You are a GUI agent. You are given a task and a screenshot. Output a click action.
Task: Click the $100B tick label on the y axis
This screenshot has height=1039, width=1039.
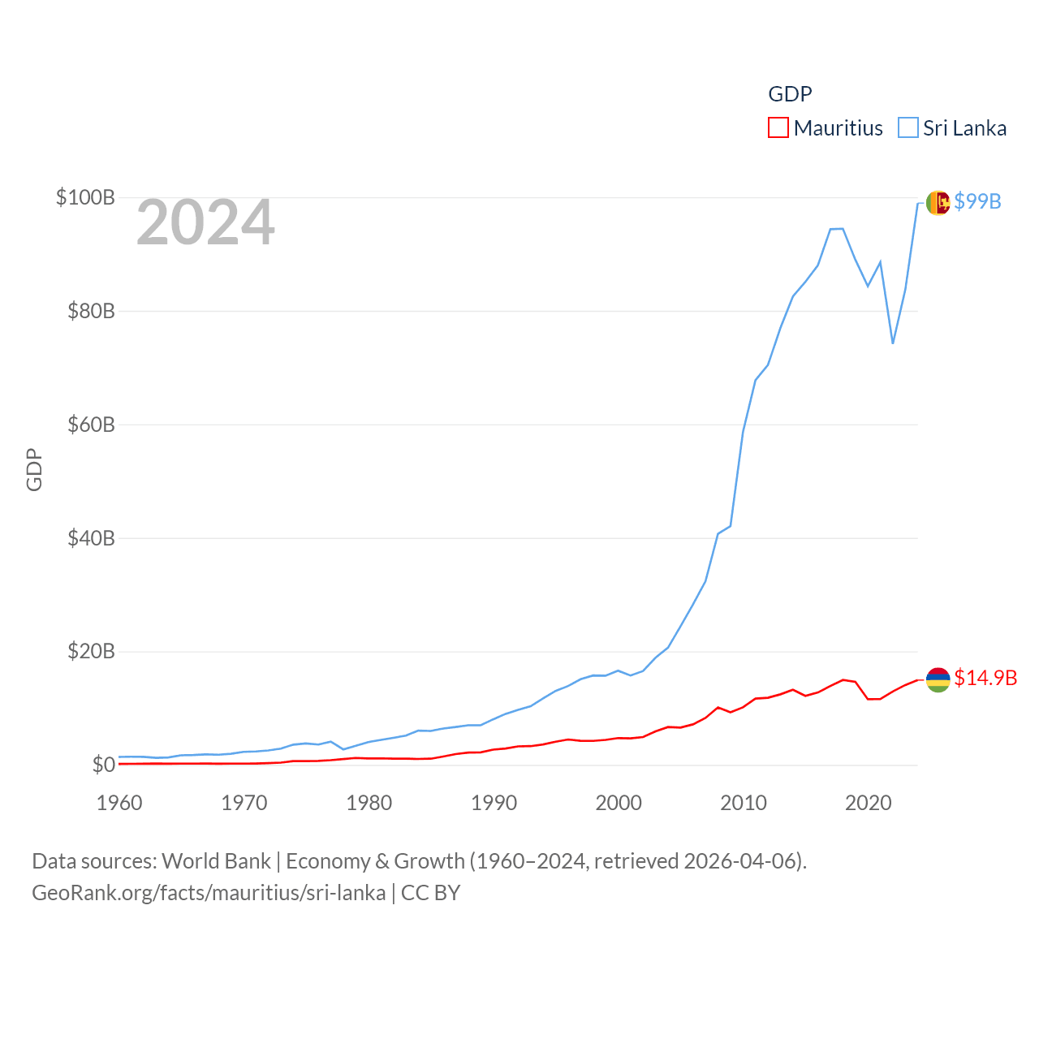pos(85,197)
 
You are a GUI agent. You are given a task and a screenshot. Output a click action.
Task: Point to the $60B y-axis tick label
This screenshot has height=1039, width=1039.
pos(91,425)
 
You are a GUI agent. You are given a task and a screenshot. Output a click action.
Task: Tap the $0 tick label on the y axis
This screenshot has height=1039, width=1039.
pos(103,765)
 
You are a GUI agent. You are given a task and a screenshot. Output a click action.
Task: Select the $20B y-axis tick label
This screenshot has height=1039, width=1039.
pos(91,651)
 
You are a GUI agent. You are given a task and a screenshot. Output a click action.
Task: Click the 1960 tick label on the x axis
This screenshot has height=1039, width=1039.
pos(119,803)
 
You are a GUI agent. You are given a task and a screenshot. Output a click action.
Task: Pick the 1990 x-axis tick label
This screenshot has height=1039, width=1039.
pos(494,803)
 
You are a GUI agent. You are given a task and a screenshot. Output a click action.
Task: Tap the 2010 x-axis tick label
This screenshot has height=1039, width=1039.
pos(744,803)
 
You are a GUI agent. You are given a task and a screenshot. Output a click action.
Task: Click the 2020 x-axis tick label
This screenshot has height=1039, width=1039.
pos(869,803)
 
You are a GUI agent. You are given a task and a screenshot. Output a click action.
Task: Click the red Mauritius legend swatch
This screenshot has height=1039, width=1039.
pos(778,128)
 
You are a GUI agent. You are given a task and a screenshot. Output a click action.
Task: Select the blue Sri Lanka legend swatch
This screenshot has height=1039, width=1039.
pos(908,128)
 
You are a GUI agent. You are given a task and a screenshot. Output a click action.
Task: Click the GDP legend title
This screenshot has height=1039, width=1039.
pos(790,94)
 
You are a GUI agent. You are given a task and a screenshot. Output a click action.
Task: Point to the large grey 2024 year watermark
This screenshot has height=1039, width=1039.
pos(205,222)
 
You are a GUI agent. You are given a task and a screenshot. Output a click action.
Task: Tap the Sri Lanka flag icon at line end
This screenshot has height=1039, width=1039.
pos(938,202)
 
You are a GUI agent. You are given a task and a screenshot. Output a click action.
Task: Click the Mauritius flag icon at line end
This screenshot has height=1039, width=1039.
pos(938,679)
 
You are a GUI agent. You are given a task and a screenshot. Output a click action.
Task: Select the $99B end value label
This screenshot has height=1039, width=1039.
pos(977,201)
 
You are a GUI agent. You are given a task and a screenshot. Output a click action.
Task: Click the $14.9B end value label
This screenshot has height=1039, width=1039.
pos(985,678)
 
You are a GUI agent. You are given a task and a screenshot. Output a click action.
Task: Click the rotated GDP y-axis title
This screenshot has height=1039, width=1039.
pos(34,469)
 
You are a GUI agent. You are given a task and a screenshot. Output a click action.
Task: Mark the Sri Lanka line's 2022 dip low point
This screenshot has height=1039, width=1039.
pos(893,343)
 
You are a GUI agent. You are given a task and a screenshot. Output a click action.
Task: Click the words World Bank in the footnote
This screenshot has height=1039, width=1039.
pos(216,860)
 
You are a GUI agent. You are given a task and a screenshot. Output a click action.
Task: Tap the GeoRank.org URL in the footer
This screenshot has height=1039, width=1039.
pos(209,893)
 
